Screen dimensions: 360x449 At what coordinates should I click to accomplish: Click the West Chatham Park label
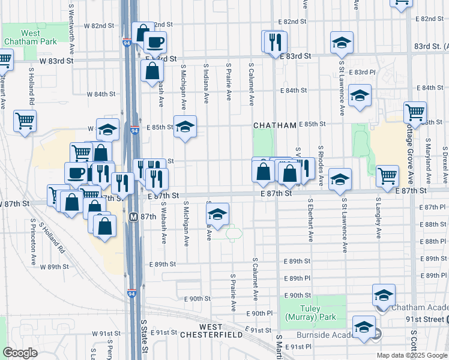tap(31, 38)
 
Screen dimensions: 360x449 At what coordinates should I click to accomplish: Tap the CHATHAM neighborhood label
tap(275, 125)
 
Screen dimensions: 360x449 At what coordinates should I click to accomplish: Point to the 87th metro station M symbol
tap(134, 216)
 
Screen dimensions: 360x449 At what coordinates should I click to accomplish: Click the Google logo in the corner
tap(20, 353)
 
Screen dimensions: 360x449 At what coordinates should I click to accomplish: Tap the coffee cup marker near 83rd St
tap(155, 42)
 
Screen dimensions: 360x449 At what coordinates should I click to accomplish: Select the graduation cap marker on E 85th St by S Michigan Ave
tap(185, 126)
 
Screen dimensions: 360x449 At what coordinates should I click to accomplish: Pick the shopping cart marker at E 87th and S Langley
tap(387, 175)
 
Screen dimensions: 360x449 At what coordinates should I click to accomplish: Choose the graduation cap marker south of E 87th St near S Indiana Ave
tap(218, 213)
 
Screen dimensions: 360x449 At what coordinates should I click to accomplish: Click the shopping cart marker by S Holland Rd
tap(25, 121)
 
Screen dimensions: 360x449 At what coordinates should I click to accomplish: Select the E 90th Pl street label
tap(260, 313)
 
